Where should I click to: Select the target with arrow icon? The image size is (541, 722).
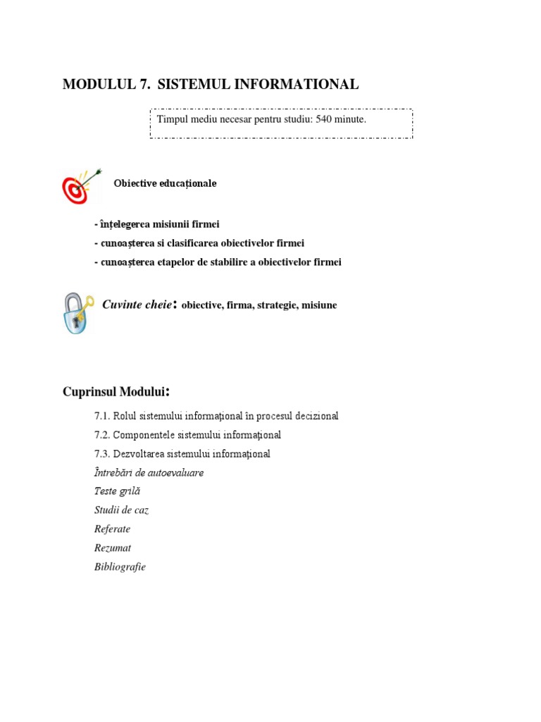(x=80, y=186)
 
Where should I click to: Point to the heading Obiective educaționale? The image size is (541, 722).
(x=165, y=183)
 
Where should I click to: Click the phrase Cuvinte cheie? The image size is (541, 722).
(x=137, y=305)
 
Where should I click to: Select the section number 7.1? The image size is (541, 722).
(x=102, y=416)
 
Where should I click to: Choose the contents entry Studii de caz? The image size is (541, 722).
(x=121, y=510)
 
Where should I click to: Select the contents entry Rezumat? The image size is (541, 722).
(x=113, y=548)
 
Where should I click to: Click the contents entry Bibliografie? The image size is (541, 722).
(x=120, y=567)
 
